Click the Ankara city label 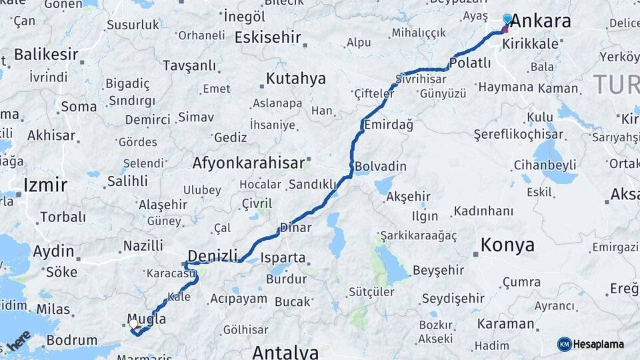[540, 21]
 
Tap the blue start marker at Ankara [507, 19]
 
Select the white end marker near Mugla [133, 323]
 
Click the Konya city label [507, 245]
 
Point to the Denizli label [213, 256]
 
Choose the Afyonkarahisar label [249, 162]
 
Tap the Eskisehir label [267, 37]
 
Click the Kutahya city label [295, 79]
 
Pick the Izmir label [45, 185]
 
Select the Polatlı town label [471, 63]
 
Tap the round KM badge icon [565, 344]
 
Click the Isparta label [283, 257]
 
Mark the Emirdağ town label [388, 125]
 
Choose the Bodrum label [72, 341]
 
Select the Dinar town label [295, 227]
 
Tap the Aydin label [53, 251]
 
